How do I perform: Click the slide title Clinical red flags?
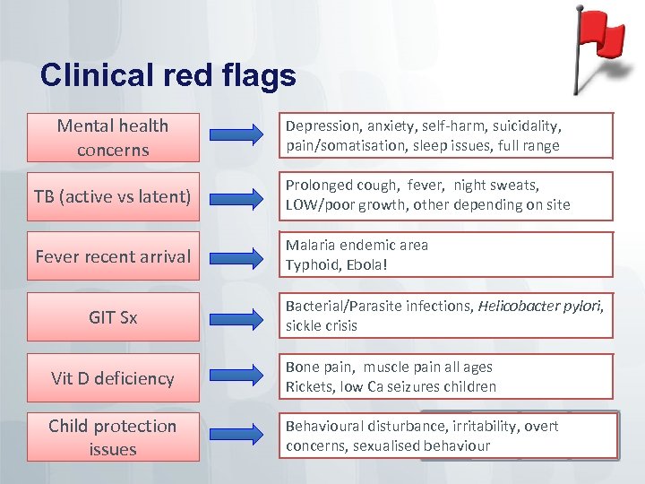(x=168, y=75)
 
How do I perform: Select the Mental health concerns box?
(x=113, y=137)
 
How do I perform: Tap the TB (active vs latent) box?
(x=113, y=194)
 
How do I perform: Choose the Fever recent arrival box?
(x=113, y=256)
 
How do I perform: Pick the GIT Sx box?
(x=113, y=316)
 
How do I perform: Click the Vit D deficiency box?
(x=113, y=377)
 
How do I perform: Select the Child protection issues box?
(x=113, y=437)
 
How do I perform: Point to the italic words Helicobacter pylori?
(x=541, y=306)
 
